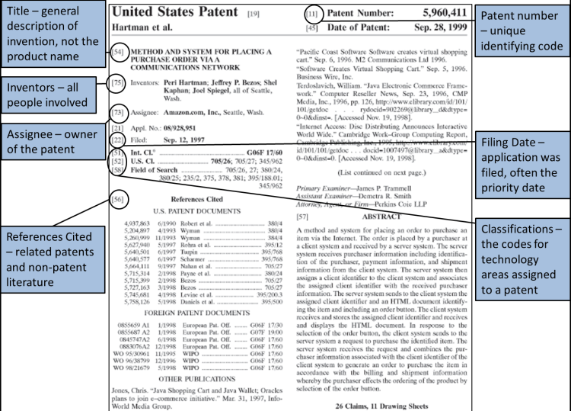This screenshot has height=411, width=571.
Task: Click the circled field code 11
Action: tap(312, 14)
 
